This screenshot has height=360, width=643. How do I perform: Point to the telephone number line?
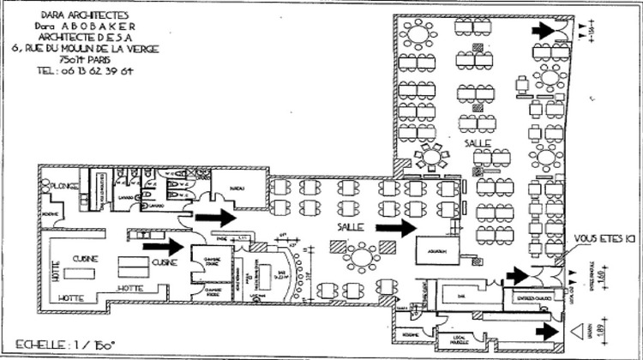point(75,72)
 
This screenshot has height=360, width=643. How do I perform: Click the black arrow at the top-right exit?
point(544,30)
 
